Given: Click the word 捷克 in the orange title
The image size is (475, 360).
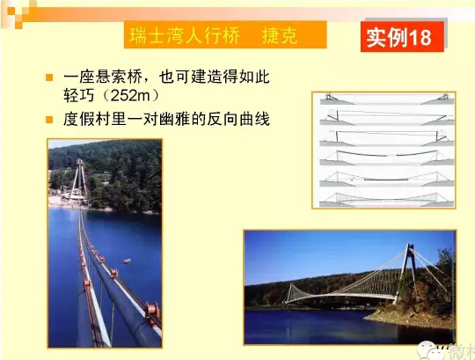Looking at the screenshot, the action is (x=280, y=35).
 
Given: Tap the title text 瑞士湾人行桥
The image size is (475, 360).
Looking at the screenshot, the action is (x=185, y=35).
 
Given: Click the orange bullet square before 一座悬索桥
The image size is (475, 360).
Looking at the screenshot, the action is (x=49, y=77).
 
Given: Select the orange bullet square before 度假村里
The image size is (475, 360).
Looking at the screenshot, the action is (x=49, y=120).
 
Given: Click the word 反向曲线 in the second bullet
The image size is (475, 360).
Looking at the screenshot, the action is (x=238, y=119).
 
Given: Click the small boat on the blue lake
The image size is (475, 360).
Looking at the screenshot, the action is (x=128, y=261).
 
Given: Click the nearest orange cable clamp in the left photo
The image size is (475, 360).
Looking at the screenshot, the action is (x=152, y=311).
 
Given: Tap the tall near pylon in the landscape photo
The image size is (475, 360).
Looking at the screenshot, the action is (x=406, y=273).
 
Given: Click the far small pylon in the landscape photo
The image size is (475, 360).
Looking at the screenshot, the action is (x=290, y=293).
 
